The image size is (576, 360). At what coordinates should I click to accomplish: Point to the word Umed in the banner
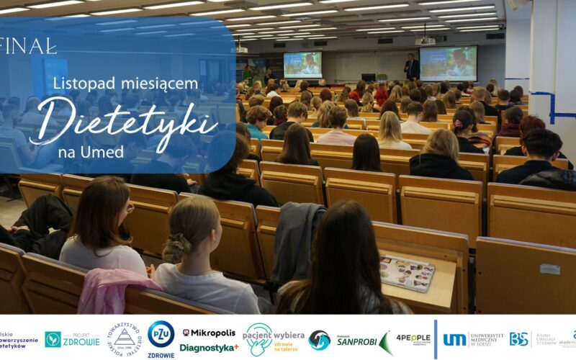pyautogui.click(x=106, y=151)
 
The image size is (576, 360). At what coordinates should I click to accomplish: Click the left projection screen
pyautogui.click(x=302, y=65)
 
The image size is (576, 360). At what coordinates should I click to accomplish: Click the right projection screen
pyautogui.click(x=447, y=63)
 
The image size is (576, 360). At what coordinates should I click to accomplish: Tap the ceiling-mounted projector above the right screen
pyautogui.click(x=426, y=41)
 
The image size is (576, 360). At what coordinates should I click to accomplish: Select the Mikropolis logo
pyautogui.click(x=209, y=333)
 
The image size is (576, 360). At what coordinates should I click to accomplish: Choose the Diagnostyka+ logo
pyautogui.click(x=209, y=348)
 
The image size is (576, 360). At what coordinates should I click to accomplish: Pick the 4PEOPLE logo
pyautogui.click(x=413, y=337)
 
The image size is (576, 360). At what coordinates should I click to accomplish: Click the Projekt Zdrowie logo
pyautogui.click(x=72, y=339)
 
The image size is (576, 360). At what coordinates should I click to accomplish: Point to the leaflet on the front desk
pyautogui.click(x=407, y=273)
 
